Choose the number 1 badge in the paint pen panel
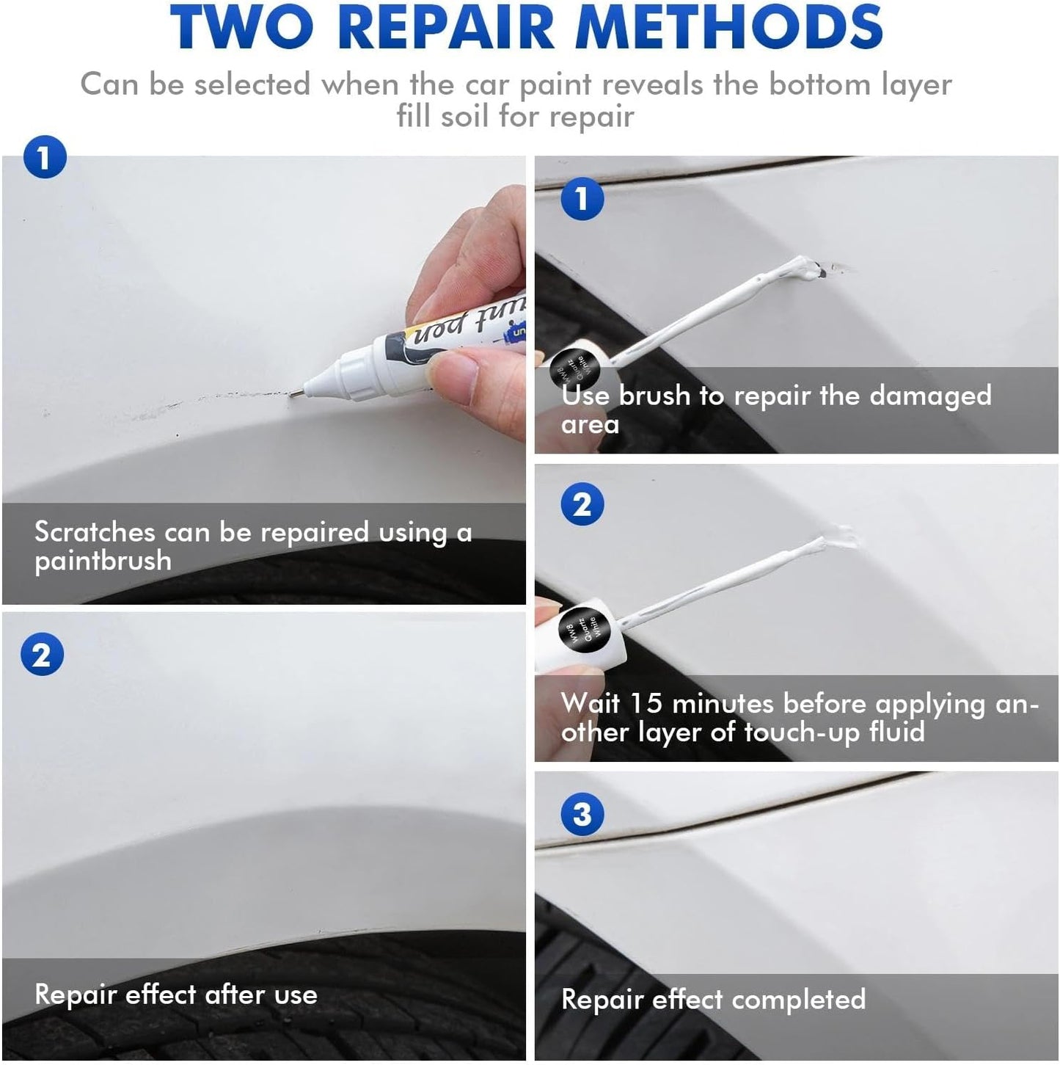[x=44, y=157]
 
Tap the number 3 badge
[x=582, y=814]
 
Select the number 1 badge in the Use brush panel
[x=582, y=198]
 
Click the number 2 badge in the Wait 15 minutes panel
[x=582, y=505]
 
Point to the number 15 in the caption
[x=646, y=703]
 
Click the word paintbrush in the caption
[x=103, y=561]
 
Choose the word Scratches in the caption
[x=95, y=531]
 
